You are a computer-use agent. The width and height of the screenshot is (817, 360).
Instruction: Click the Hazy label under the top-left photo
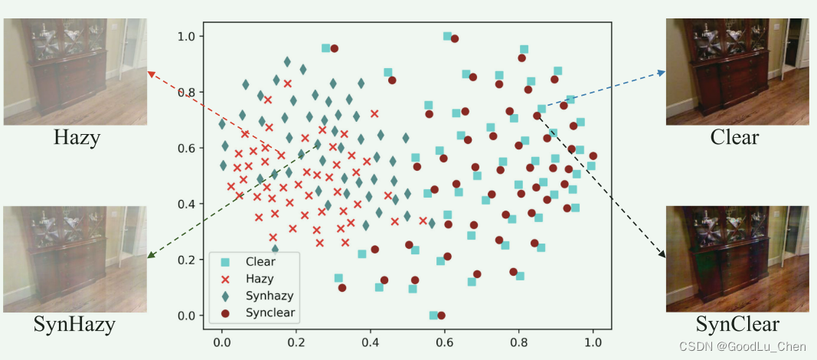click(x=77, y=138)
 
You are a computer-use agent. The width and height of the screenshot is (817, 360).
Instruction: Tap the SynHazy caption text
click(x=74, y=325)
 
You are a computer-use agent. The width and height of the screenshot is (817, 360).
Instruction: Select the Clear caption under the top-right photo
click(x=734, y=138)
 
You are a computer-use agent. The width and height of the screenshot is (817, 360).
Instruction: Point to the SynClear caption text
click(x=737, y=324)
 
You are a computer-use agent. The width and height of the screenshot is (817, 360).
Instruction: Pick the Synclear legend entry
click(x=270, y=313)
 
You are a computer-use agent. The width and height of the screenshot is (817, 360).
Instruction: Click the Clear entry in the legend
click(x=260, y=261)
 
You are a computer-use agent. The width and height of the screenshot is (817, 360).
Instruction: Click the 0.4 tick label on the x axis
click(x=371, y=343)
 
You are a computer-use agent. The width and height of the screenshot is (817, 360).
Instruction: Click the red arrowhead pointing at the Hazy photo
click(x=149, y=73)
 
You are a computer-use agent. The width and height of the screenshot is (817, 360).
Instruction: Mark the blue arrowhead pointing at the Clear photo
click(x=662, y=72)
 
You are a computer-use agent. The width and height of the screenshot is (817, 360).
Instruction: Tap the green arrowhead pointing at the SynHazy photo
click(x=149, y=257)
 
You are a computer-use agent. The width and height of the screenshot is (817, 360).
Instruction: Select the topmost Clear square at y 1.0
click(x=447, y=36)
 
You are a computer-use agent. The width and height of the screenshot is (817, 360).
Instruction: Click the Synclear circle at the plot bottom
click(x=440, y=316)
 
